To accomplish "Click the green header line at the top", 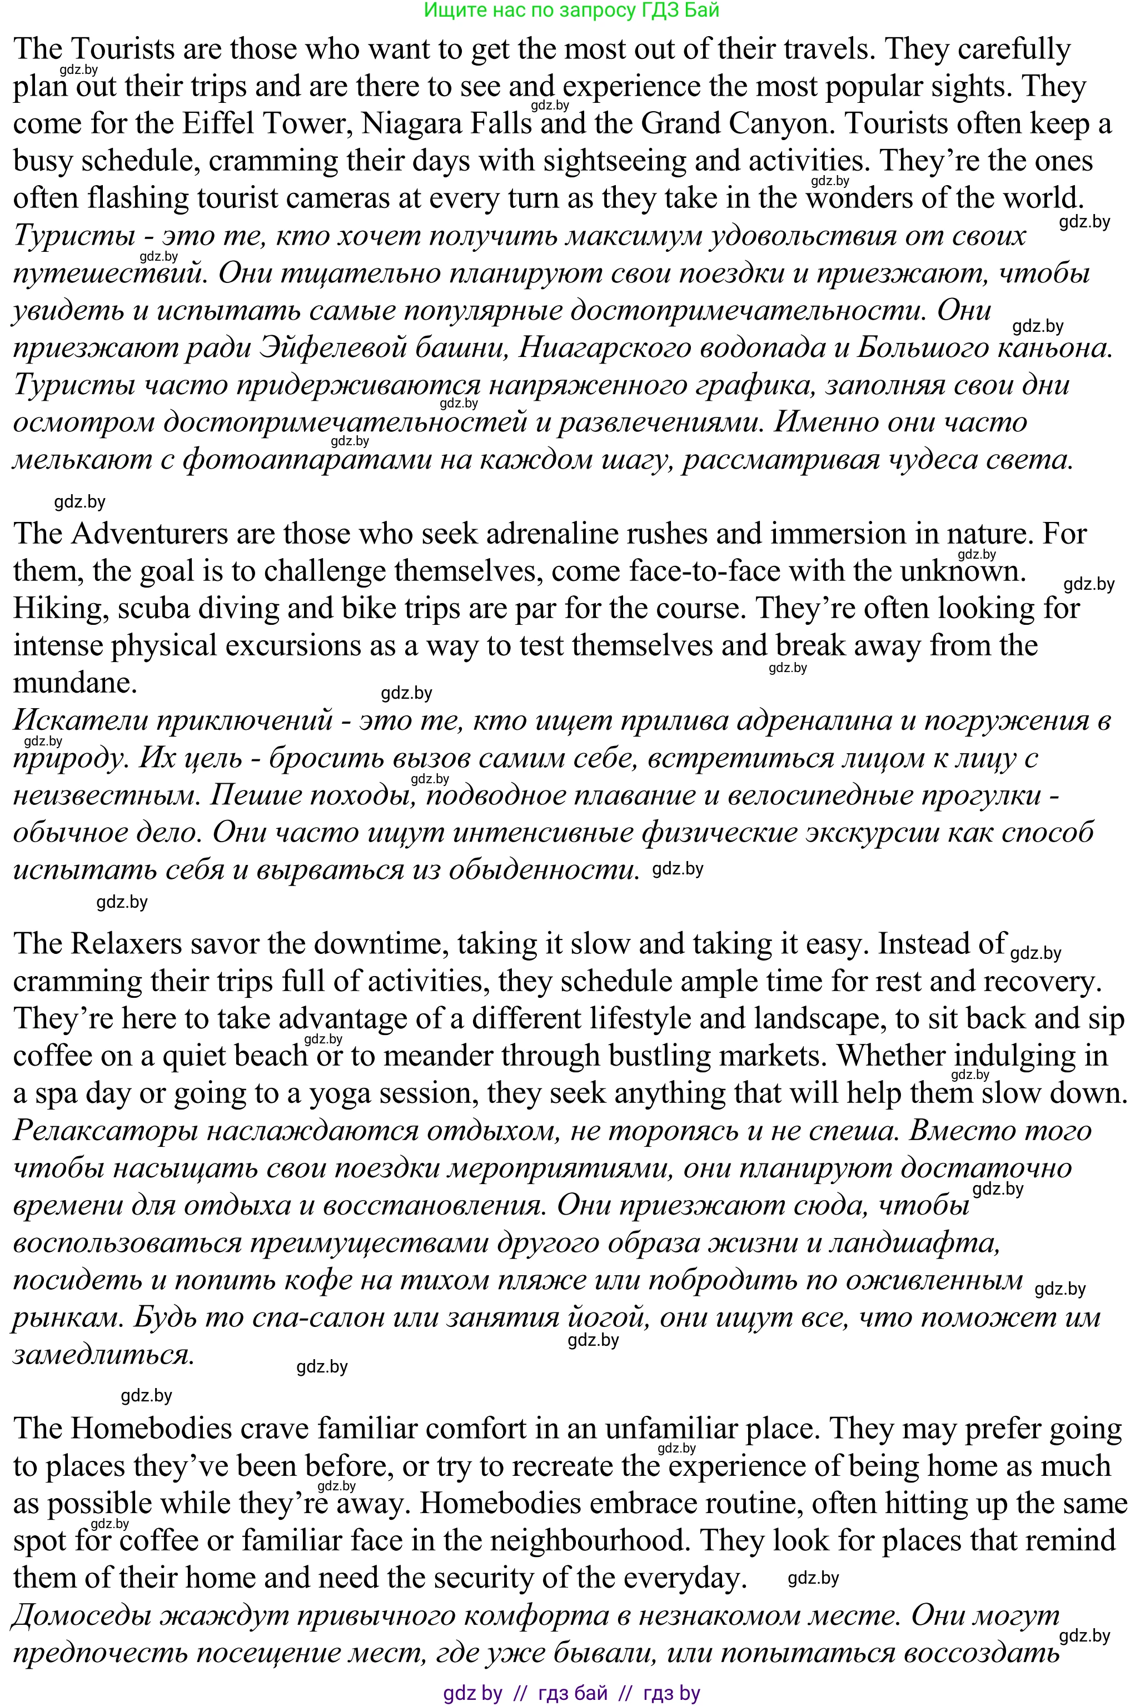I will tap(572, 9).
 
